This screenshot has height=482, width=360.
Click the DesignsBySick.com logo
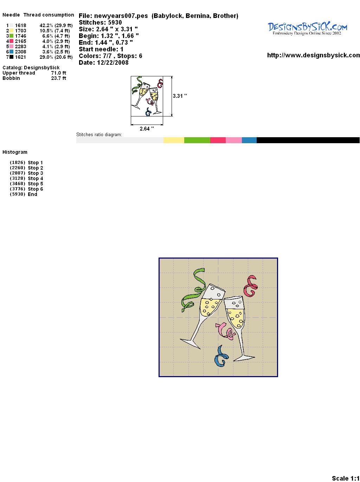coord(307,28)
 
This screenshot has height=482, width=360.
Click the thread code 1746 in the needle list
coord(21,36)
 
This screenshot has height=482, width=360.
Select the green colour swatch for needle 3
coord(11,36)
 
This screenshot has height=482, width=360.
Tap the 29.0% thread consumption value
coord(46,57)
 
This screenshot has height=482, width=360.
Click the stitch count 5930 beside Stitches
coord(115,23)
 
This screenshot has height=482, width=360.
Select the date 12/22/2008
coord(113,63)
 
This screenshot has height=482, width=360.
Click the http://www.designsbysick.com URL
coord(314,55)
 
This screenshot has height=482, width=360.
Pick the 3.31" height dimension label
coord(180,96)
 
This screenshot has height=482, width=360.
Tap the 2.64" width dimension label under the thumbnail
coord(147,129)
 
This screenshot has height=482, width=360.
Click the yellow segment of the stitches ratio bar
coord(174,140)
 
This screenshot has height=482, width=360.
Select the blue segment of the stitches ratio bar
coord(249,140)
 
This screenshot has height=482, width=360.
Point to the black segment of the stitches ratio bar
coord(308,140)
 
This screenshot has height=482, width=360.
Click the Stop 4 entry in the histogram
coord(35,178)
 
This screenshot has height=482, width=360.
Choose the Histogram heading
coord(15,152)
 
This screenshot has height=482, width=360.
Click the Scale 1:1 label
coord(346,478)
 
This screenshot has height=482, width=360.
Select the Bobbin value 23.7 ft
coord(59,78)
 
